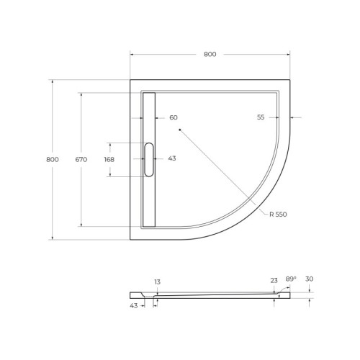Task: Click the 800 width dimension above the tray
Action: (x=210, y=54)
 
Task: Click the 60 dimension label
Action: (x=173, y=117)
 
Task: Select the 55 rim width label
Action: (x=261, y=117)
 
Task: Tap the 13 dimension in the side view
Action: (x=157, y=282)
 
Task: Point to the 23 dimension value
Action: (x=274, y=281)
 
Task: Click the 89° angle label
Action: (x=290, y=279)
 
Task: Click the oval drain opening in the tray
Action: (x=149, y=159)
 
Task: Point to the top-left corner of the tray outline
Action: (x=130, y=80)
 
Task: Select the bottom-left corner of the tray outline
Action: (x=130, y=239)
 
